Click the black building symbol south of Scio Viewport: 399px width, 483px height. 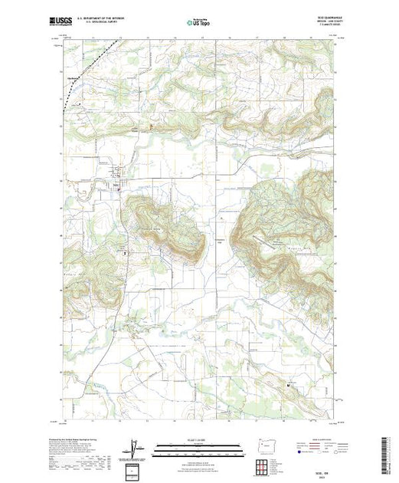pos(126,251)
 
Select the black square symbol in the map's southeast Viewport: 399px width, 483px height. pos(289,383)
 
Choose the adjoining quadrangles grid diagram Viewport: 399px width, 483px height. pos(263,465)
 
